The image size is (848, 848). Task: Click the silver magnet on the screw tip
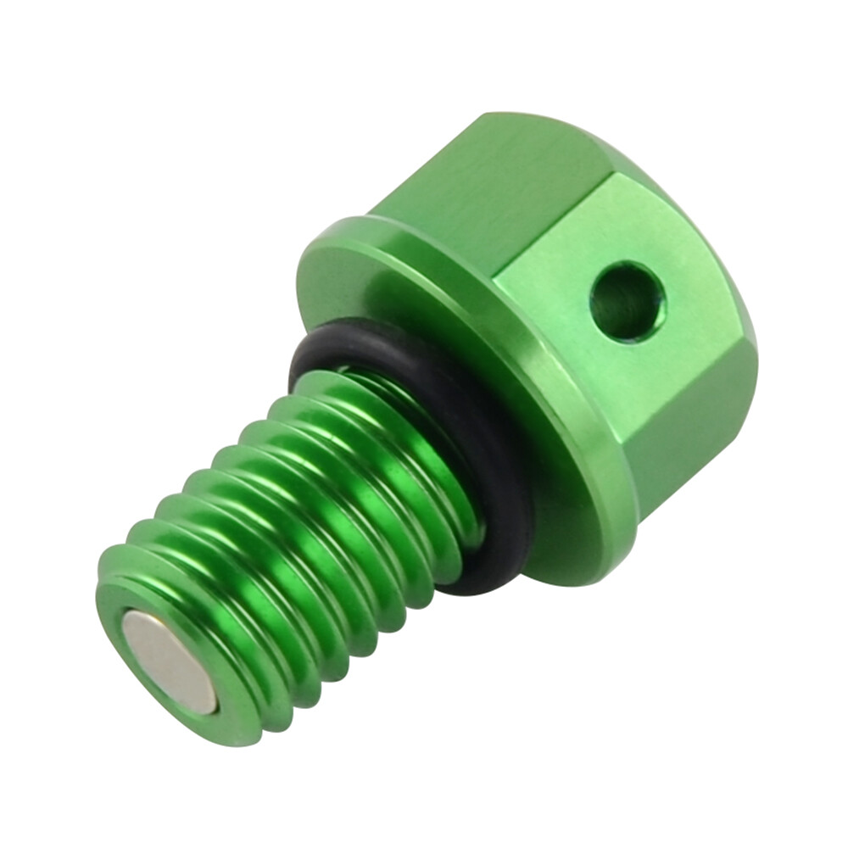168,661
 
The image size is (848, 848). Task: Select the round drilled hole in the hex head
628,301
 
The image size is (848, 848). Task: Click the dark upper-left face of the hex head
483,187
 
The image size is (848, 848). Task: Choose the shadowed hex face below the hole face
687,441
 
